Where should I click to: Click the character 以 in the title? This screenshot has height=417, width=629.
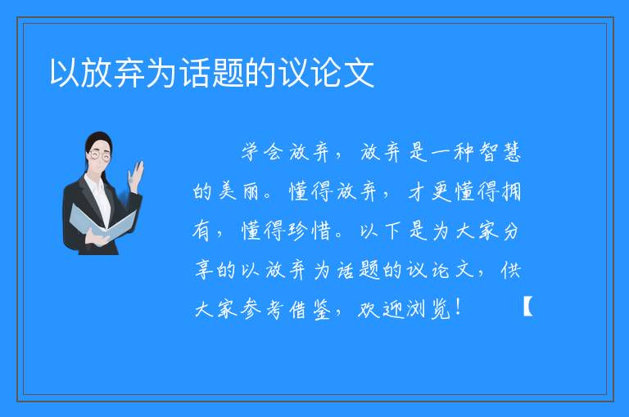[65, 73]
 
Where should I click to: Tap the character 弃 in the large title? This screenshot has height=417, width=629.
[129, 73]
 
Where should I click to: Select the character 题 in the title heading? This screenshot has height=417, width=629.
[228, 73]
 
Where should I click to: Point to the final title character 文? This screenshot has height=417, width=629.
[359, 73]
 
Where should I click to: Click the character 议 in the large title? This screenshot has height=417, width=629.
[294, 73]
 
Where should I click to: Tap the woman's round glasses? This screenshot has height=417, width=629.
[100, 155]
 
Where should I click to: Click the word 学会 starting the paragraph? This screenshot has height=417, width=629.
[262, 152]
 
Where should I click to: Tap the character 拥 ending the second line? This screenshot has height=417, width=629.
[511, 191]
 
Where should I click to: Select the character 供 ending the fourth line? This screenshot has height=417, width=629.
[511, 270]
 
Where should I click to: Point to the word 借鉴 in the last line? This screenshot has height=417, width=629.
[310, 309]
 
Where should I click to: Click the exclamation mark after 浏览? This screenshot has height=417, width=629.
[458, 308]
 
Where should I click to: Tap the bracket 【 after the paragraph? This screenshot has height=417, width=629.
[528, 306]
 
